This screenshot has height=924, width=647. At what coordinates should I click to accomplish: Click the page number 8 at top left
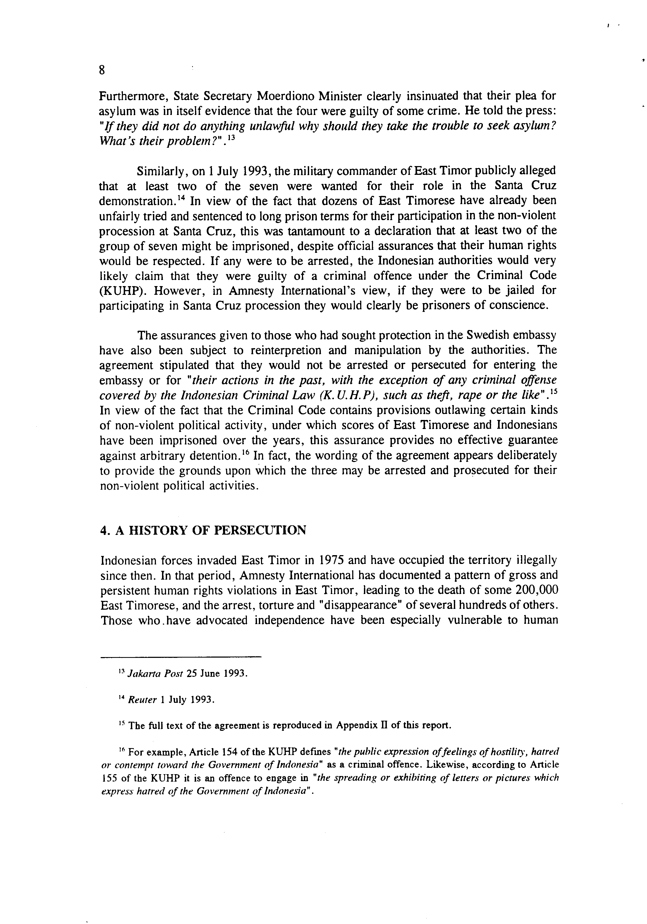102,71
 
